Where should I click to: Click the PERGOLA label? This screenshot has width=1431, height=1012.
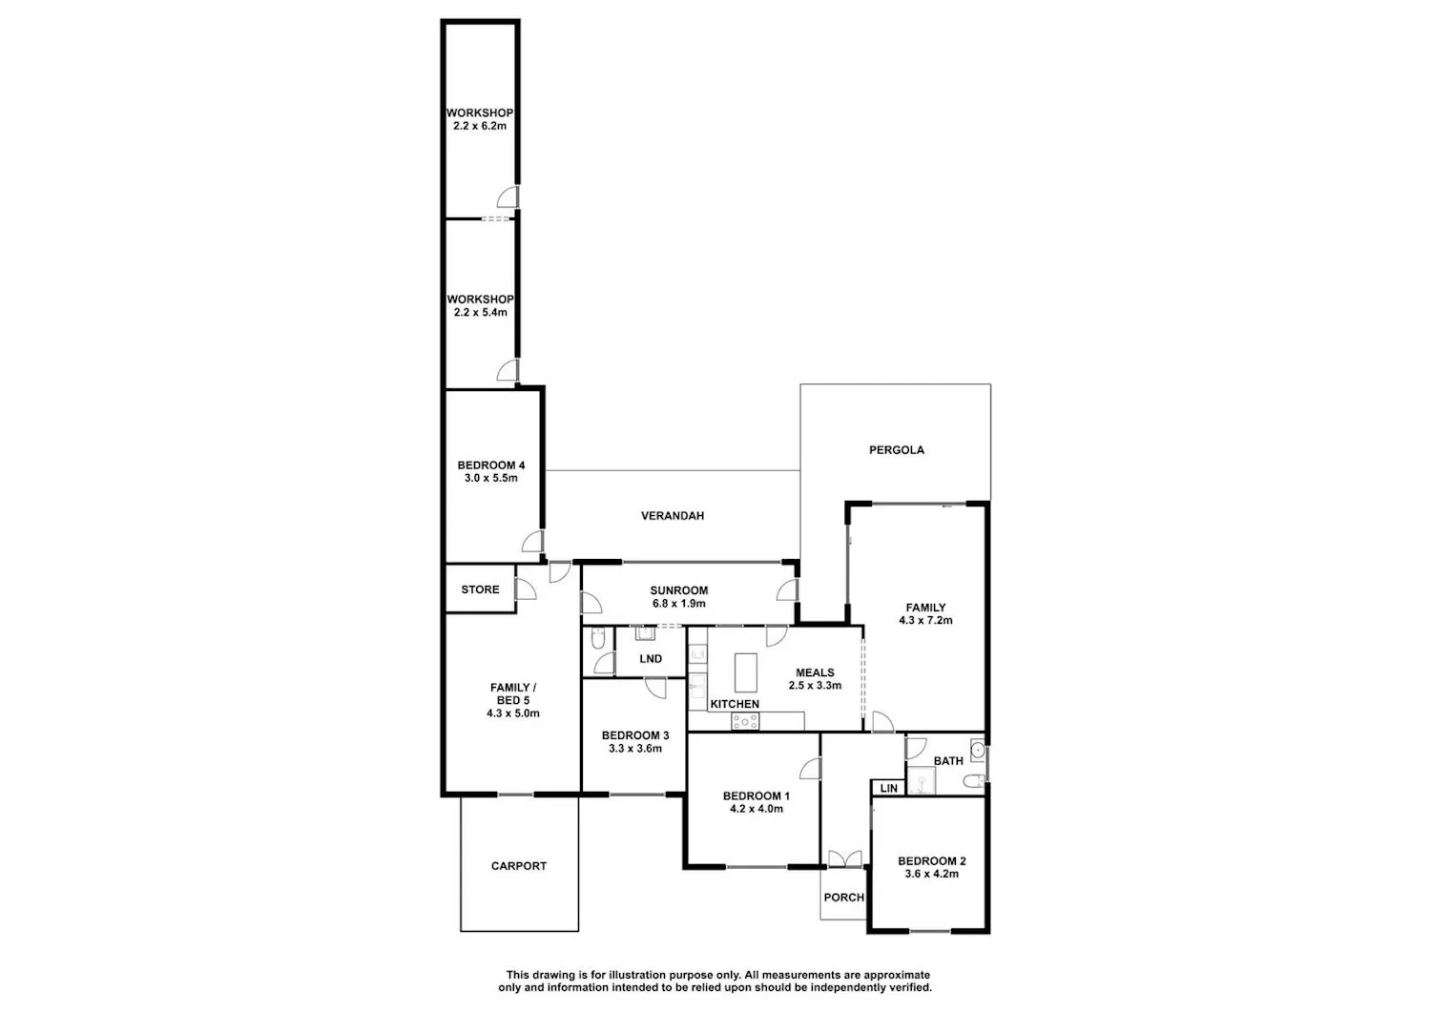tap(897, 450)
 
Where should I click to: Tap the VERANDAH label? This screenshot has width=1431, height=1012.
tap(673, 516)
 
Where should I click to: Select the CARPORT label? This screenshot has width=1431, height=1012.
tap(519, 866)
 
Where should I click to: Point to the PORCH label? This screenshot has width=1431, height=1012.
tap(844, 897)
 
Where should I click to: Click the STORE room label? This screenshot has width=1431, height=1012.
tap(481, 589)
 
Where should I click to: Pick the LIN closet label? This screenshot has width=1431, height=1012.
tap(888, 789)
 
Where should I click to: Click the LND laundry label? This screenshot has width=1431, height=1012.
tap(651, 659)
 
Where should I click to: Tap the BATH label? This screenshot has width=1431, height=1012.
tap(948, 761)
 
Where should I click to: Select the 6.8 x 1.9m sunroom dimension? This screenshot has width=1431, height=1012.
tap(679, 603)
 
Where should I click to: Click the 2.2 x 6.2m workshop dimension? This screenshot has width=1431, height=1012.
tap(480, 126)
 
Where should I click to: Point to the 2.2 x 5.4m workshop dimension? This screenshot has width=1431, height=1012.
tap(481, 313)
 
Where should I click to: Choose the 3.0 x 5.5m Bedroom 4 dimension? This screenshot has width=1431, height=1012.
tap(491, 478)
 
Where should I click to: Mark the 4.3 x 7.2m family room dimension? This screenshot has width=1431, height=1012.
tap(925, 620)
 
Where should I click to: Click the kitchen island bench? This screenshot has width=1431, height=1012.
tap(745, 672)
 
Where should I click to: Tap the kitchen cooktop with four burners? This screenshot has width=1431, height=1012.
tap(745, 721)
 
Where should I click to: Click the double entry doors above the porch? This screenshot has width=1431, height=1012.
tap(845, 858)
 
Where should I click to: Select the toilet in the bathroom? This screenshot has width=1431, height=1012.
tap(974, 781)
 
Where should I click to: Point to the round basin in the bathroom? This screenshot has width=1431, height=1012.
tap(978, 750)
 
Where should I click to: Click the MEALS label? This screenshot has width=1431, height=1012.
tap(815, 672)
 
